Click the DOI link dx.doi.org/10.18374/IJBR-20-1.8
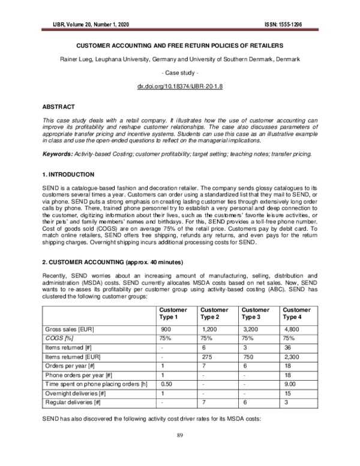click(179, 87)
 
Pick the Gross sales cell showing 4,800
click(292, 330)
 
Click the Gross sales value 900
click(166, 330)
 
